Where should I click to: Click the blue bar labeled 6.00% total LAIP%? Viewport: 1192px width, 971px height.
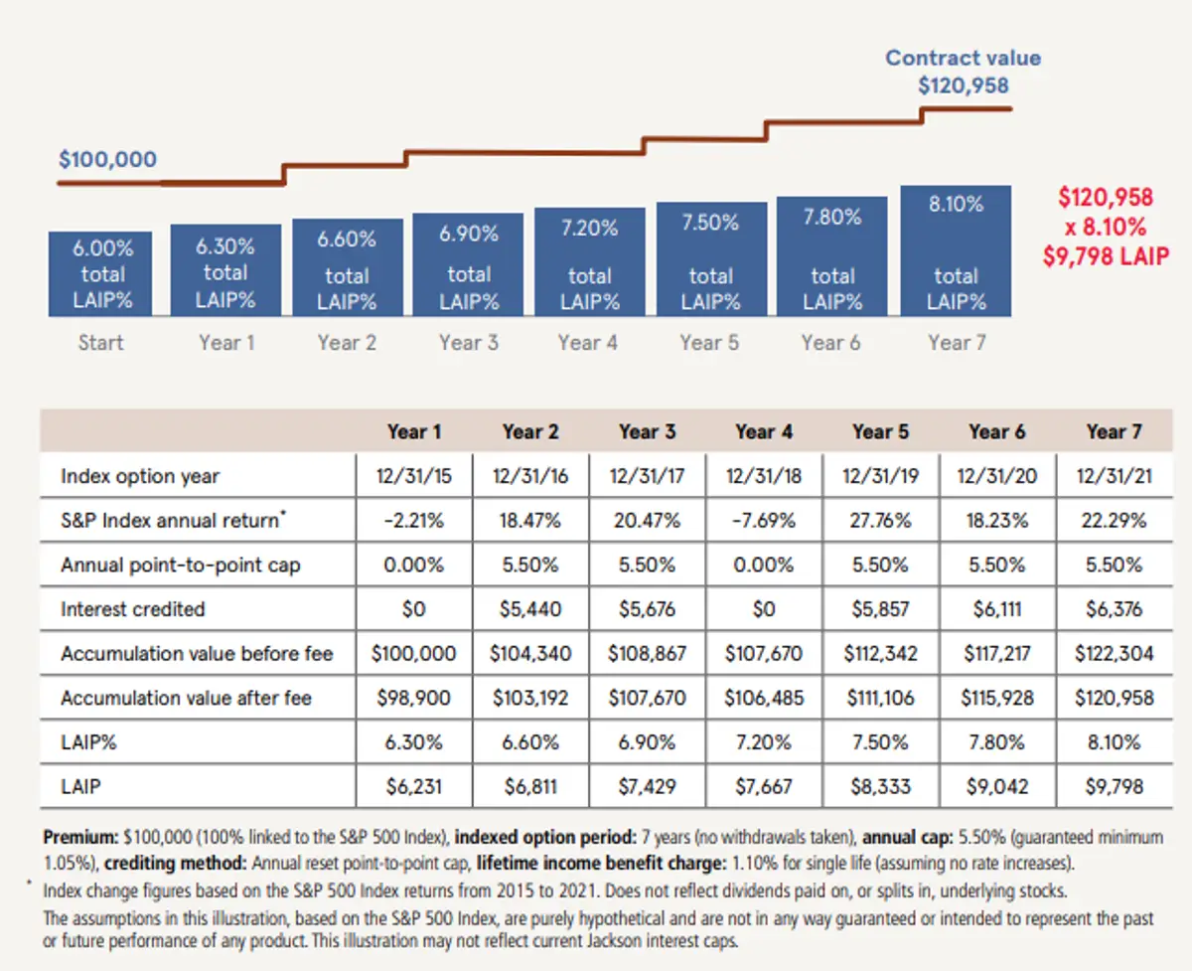coord(100,273)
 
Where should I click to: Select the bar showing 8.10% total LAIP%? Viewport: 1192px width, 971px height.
coord(956,251)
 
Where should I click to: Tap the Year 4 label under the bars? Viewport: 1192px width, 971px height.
coord(587,343)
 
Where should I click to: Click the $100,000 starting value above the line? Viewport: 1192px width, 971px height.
coord(107,159)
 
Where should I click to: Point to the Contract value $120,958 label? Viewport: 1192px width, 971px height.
coord(963,72)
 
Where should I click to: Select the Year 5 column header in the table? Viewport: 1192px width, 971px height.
coord(879,431)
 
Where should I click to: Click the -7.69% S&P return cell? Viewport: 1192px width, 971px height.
coord(763,521)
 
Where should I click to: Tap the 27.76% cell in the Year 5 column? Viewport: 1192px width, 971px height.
coord(879,521)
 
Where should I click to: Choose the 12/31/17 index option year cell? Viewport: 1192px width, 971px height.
coord(647,476)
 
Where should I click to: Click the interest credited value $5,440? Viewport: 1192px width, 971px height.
coord(530,609)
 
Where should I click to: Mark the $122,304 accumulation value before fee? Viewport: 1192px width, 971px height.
coord(1114,654)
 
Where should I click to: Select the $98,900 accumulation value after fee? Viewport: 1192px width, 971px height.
coord(413,698)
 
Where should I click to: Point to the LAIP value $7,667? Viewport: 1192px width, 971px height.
coord(763,787)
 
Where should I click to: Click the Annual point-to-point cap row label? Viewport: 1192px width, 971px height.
coord(180,565)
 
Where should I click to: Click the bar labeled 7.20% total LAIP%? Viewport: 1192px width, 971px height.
coord(589,261)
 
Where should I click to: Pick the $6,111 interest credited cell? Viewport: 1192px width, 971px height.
coord(996,609)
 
